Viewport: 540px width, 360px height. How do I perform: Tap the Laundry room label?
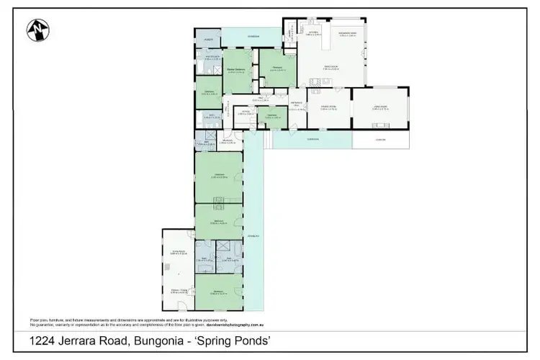pyautogui.click(x=208, y=40)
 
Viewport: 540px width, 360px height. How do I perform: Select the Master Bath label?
pyautogui.click(x=212, y=57)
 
